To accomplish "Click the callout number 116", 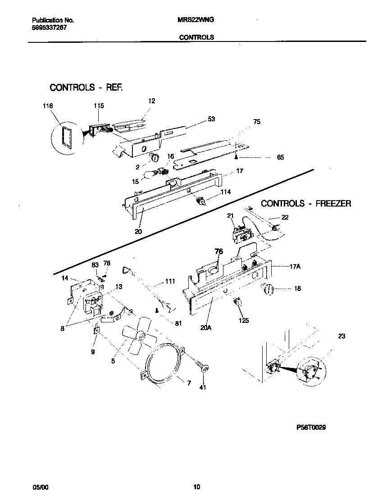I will pyautogui.click(x=48, y=106).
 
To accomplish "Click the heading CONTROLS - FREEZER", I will pyautogui.click(x=306, y=203).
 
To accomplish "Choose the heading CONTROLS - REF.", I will pyautogui.click(x=86, y=87).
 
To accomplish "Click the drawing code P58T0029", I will pyautogui.click(x=311, y=427).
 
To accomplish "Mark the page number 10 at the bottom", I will pyautogui.click(x=196, y=487).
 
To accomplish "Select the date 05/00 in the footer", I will pyautogui.click(x=40, y=487).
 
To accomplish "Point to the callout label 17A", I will pyautogui.click(x=295, y=267).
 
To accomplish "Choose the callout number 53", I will pyautogui.click(x=211, y=119).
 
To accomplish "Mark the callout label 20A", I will pyautogui.click(x=206, y=328).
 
